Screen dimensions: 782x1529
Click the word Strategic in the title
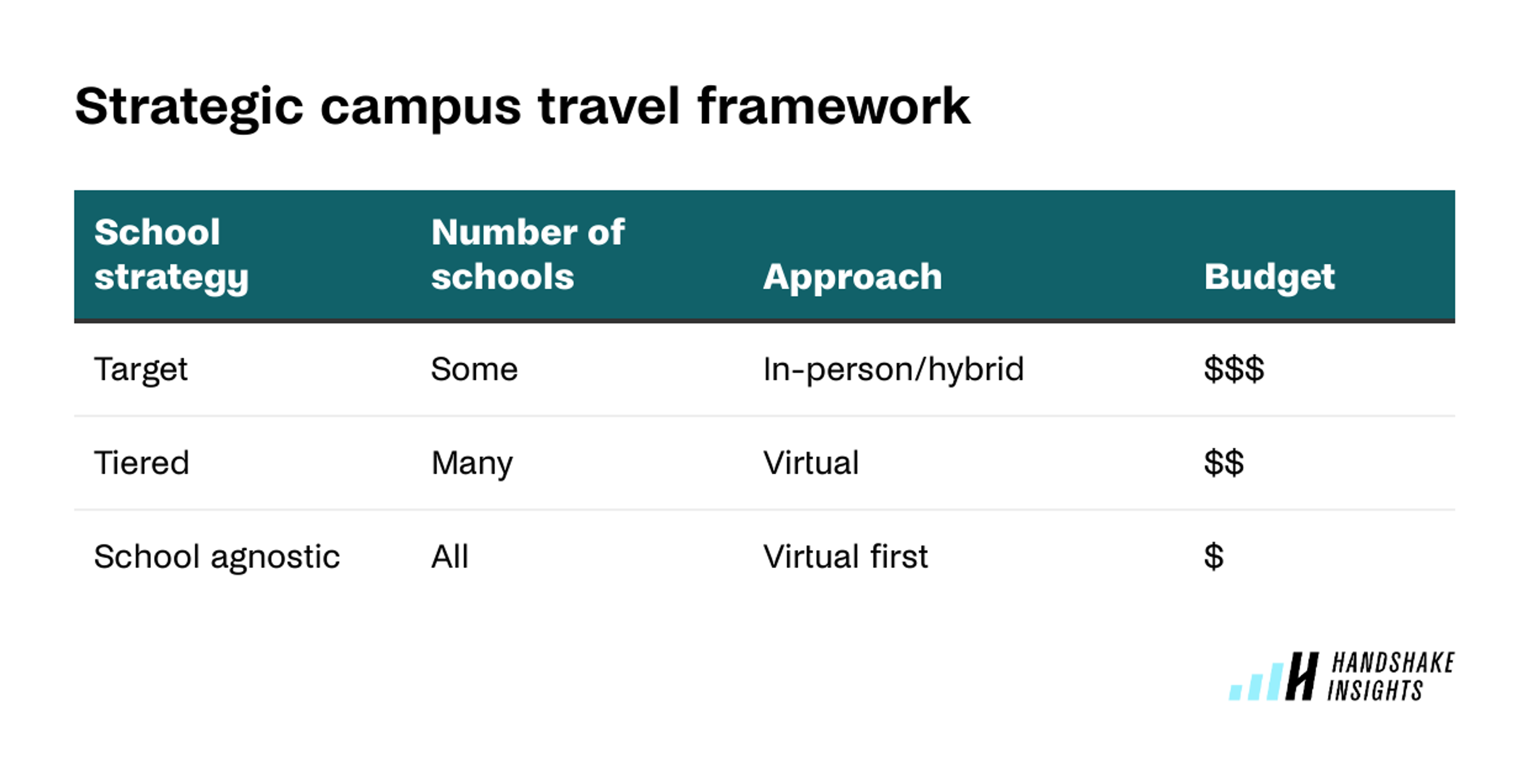tap(189, 107)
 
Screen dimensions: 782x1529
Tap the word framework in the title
tap(833, 107)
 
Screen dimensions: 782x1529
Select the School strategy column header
tap(171, 254)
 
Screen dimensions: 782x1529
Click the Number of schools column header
tap(527, 254)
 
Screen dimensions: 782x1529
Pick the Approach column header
tap(852, 277)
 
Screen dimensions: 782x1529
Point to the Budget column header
tap(1269, 277)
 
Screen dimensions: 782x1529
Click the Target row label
tap(141, 369)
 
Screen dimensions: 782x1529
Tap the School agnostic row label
tap(217, 557)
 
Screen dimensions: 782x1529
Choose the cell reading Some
tap(474, 369)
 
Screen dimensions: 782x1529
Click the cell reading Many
tap(472, 463)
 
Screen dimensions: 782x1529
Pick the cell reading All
tap(449, 557)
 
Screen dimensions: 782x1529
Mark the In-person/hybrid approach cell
tap(893, 369)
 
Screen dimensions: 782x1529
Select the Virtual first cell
tap(845, 557)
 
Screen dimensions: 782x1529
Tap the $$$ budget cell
tap(1234, 369)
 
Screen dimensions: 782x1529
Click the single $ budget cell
tap(1213, 557)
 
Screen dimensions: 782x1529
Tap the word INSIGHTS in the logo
tap(1375, 690)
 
